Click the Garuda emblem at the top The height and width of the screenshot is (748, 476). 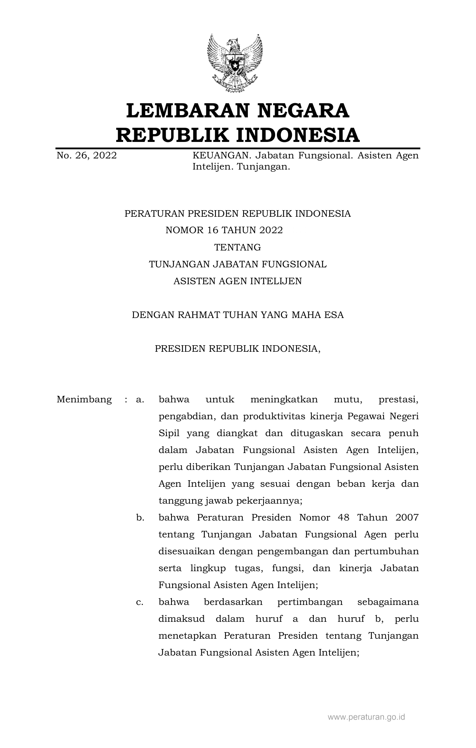pyautogui.click(x=234, y=63)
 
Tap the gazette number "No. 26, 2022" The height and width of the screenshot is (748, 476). pyautogui.click(x=87, y=156)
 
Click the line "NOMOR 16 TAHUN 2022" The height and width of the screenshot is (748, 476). pyautogui.click(x=224, y=230)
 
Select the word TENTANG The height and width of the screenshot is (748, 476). pyautogui.click(x=237, y=247)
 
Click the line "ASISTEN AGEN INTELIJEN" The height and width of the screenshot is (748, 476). pyautogui.click(x=237, y=281)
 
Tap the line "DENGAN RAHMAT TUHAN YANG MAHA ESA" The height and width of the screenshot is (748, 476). pyautogui.click(x=237, y=315)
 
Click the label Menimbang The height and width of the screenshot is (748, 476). pyautogui.click(x=84, y=399)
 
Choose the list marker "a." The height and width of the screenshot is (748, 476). pyautogui.click(x=140, y=399)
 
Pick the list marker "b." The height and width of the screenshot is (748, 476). pyautogui.click(x=140, y=517)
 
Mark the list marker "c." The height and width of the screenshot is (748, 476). pyautogui.click(x=140, y=602)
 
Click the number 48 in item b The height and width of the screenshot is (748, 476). pyautogui.click(x=344, y=517)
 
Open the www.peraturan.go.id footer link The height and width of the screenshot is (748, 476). pyautogui.click(x=366, y=717)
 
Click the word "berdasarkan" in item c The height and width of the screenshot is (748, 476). pyautogui.click(x=233, y=602)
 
